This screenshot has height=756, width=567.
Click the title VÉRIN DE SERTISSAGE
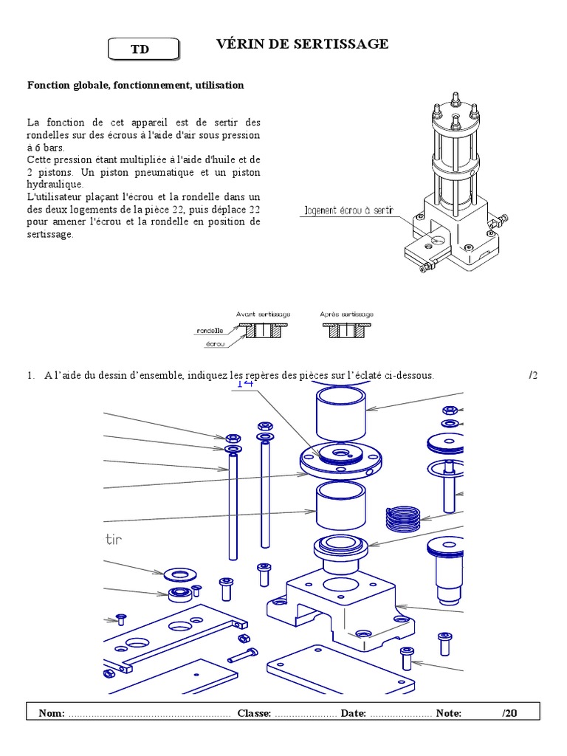[x=302, y=44]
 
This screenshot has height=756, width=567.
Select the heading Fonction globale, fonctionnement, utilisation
[x=135, y=86]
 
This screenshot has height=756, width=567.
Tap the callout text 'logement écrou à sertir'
[x=348, y=211]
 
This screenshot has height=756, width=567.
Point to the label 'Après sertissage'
[x=346, y=314]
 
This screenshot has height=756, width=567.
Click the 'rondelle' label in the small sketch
[x=210, y=331]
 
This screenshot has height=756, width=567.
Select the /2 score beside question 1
[x=534, y=375]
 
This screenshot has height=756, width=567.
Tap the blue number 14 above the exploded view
[x=244, y=383]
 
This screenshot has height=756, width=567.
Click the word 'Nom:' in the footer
[x=52, y=713]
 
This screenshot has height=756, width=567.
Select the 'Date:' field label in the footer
[x=353, y=713]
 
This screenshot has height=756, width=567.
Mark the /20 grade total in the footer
[x=509, y=713]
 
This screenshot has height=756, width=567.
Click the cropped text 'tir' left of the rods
[x=113, y=540]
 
